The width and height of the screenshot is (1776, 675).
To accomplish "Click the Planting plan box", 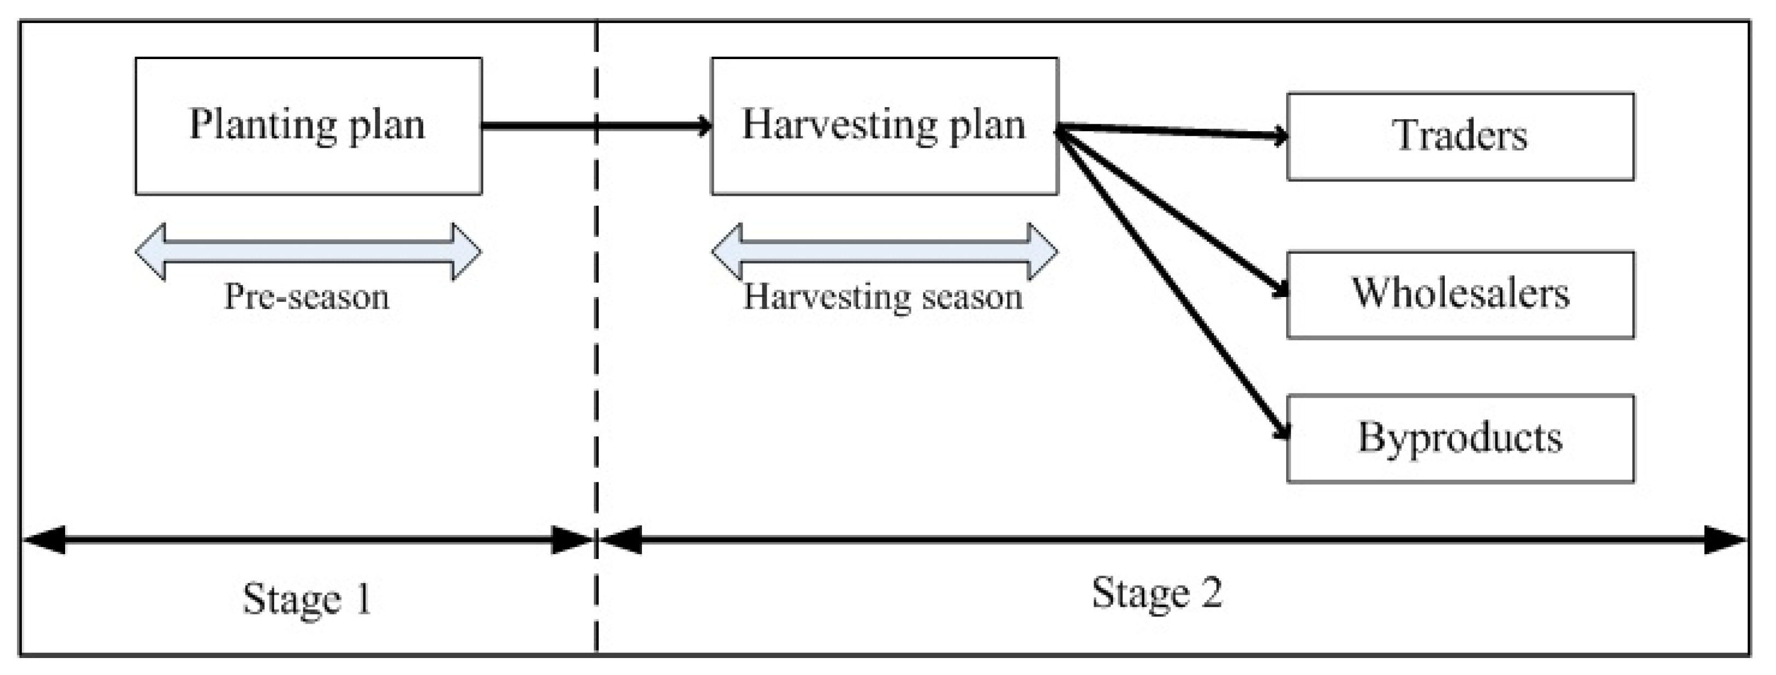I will coord(308,126).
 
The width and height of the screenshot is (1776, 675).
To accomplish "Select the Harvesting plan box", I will coord(884,126).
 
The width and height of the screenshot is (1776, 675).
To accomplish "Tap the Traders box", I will coord(1460,136).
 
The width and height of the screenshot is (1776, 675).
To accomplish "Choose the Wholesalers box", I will coord(1460,295).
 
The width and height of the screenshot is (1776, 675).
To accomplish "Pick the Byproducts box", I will coord(1460,439).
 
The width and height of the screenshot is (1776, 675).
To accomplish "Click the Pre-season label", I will coord(307,298).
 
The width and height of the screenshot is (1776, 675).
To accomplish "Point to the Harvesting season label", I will coord(882,298).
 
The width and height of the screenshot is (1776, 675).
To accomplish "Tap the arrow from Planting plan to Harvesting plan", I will coord(593,126).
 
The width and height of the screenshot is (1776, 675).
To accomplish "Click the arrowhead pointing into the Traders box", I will coord(1280,136).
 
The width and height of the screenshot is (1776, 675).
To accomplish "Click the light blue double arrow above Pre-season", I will coord(308,252).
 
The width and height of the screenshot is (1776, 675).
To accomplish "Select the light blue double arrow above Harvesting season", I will coord(884,252).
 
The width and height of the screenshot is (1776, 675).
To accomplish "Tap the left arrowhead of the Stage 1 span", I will coord(43,540).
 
